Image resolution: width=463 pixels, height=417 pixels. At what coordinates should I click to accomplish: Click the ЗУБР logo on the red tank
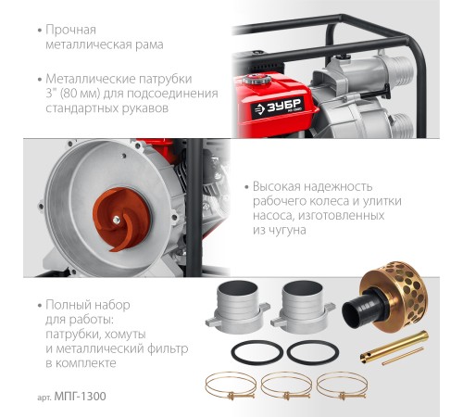point(278,107)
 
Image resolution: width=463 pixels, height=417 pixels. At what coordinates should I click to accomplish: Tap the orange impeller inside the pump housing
point(121,219)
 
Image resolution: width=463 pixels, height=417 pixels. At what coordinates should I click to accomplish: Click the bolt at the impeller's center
point(117,220)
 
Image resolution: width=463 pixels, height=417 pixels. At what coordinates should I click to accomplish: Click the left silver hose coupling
point(237,307)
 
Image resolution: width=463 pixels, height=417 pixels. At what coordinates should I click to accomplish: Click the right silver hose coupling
point(303,307)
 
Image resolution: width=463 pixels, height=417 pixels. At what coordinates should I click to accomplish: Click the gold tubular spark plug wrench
point(394,347)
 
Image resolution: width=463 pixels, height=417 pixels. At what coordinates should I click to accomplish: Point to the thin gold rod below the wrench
point(403,357)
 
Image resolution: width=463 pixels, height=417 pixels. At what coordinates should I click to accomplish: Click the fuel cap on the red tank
point(257,80)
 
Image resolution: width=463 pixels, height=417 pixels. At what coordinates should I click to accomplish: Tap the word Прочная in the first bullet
point(70,31)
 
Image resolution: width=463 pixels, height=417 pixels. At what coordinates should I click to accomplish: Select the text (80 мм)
point(80,94)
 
